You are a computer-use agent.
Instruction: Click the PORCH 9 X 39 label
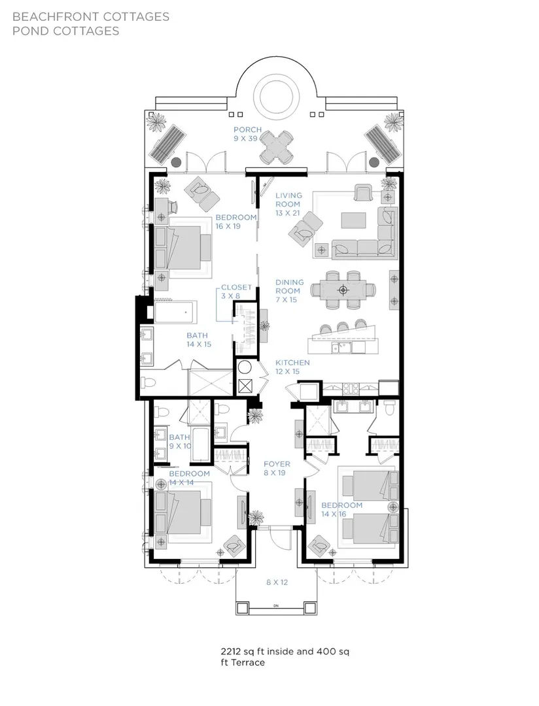(247, 134)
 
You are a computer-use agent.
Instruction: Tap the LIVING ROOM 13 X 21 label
(288, 204)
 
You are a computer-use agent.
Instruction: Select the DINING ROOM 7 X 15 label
(289, 291)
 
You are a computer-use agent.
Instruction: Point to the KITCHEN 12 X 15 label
(292, 367)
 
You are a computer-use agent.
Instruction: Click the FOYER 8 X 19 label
(277, 468)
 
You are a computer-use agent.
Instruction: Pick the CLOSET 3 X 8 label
(236, 292)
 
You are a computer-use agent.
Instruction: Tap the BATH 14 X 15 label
(199, 340)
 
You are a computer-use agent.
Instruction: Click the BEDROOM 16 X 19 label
(235, 222)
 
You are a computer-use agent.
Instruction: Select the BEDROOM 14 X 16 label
(341, 510)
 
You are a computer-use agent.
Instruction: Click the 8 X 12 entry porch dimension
(277, 582)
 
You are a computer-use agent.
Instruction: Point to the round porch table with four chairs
(276, 147)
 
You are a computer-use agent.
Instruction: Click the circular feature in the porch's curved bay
(276, 96)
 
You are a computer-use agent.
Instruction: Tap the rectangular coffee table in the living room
(354, 220)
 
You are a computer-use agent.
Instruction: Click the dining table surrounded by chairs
(343, 290)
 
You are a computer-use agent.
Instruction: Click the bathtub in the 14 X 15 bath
(176, 312)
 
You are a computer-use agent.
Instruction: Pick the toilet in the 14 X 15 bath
(148, 382)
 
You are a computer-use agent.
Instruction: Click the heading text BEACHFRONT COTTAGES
(91, 16)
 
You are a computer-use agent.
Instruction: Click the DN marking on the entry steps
(276, 605)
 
